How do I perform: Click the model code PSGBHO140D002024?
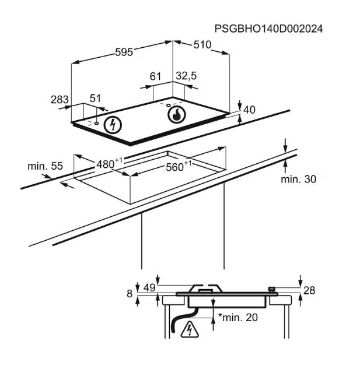tap(268, 29)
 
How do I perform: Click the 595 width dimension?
tap(124, 52)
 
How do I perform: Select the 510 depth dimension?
tap(202, 45)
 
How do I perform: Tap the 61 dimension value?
tap(156, 76)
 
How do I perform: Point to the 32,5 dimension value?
tap(186, 76)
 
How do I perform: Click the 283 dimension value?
tap(60, 100)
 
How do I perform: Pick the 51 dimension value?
tap(95, 98)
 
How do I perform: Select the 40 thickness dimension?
tap(249, 110)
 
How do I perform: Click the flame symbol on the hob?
tap(176, 115)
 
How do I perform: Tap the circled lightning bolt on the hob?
tap(113, 125)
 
